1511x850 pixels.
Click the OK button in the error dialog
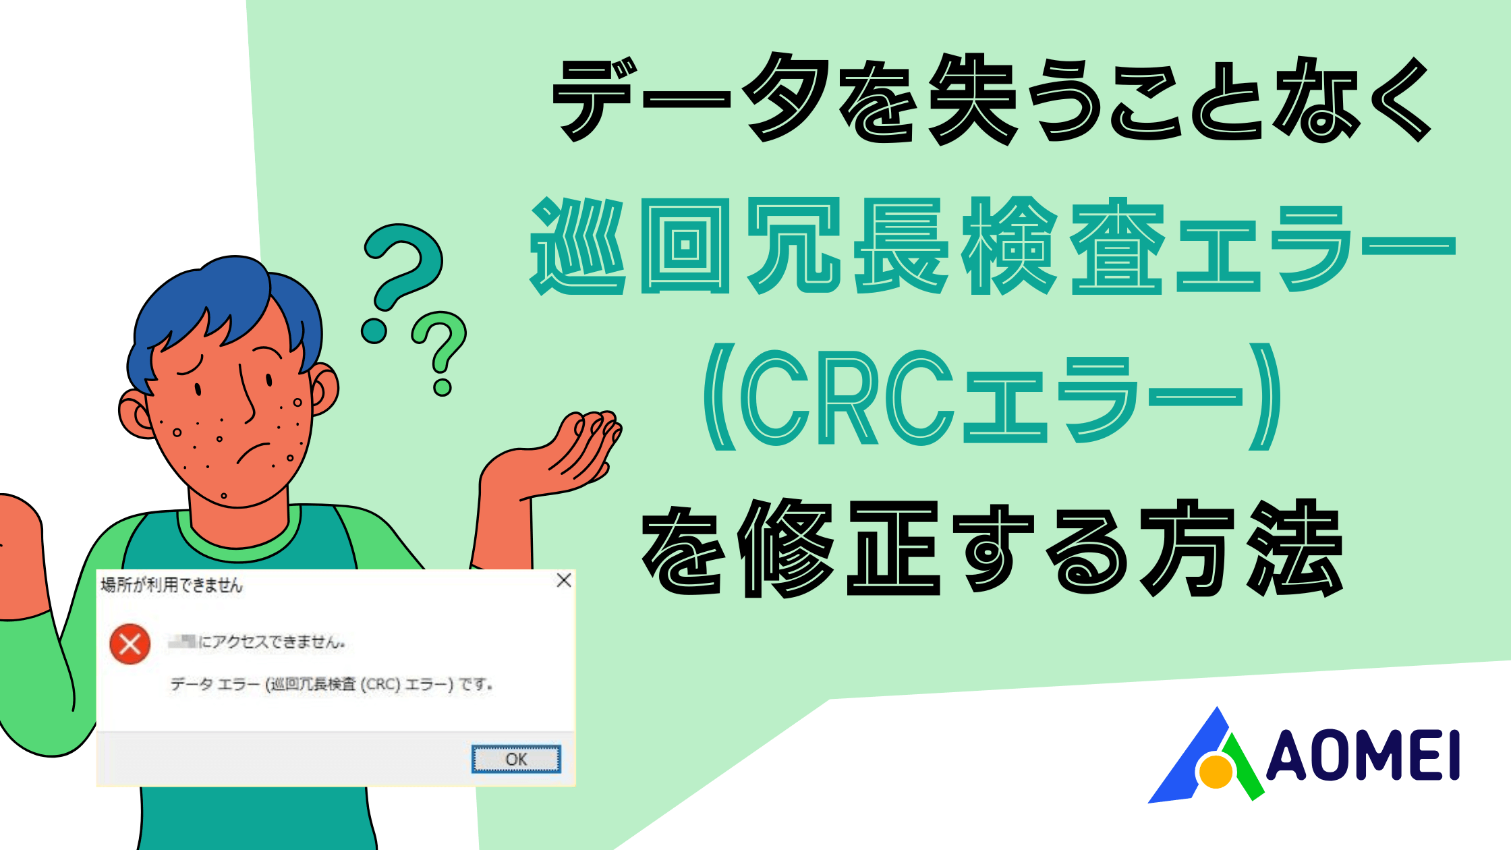[x=516, y=759]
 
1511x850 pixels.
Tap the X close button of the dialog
[x=564, y=580]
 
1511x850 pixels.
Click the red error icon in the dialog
[x=130, y=644]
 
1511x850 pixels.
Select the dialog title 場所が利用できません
[x=171, y=584]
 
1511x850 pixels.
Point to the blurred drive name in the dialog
[x=182, y=641]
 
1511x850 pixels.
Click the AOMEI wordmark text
[x=1363, y=756]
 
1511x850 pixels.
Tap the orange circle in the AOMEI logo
[x=1216, y=772]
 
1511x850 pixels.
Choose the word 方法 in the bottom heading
[x=1241, y=548]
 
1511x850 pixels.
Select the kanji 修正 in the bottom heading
[x=839, y=548]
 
